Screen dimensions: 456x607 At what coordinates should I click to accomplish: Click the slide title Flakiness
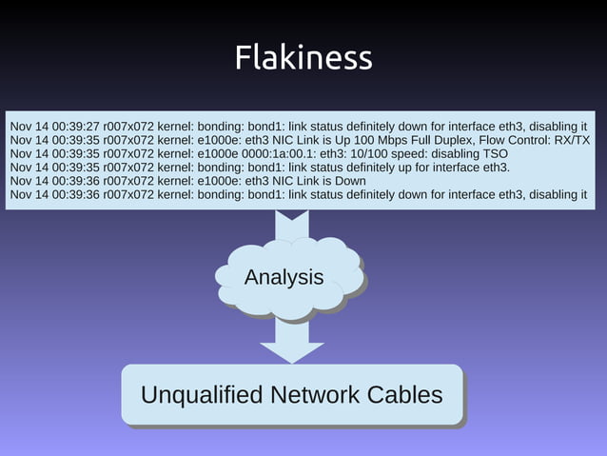(303, 58)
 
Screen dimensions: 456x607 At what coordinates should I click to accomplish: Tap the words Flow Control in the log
(510, 140)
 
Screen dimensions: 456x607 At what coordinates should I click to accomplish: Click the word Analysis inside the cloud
(284, 278)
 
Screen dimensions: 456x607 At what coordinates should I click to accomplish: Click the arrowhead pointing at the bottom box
(292, 349)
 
